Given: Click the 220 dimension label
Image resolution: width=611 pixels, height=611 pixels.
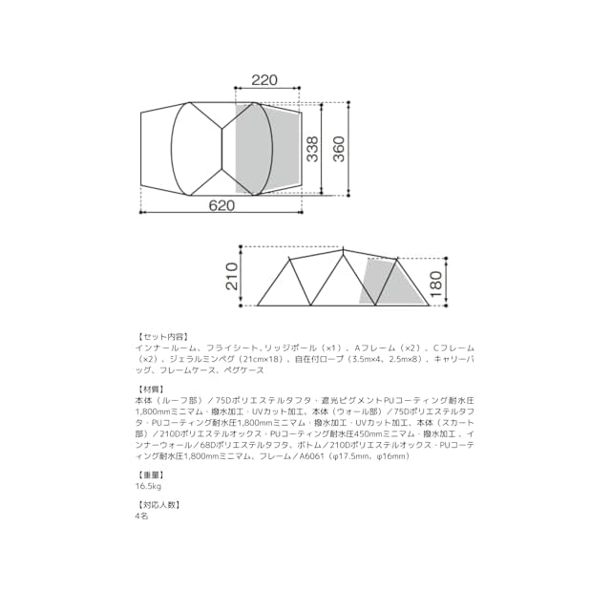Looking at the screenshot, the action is [264, 80].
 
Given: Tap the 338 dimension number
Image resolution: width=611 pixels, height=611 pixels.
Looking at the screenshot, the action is [312, 149].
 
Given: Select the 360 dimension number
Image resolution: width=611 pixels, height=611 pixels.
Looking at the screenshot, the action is [339, 149].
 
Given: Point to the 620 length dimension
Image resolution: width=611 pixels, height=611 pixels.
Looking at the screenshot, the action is [221, 205].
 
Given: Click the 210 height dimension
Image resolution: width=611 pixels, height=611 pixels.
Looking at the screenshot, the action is [232, 276].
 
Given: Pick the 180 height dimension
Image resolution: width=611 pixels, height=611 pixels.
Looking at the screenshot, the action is [436, 284].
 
